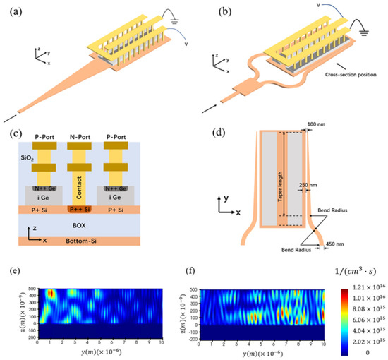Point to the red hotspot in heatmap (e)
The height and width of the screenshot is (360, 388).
[51, 294]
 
